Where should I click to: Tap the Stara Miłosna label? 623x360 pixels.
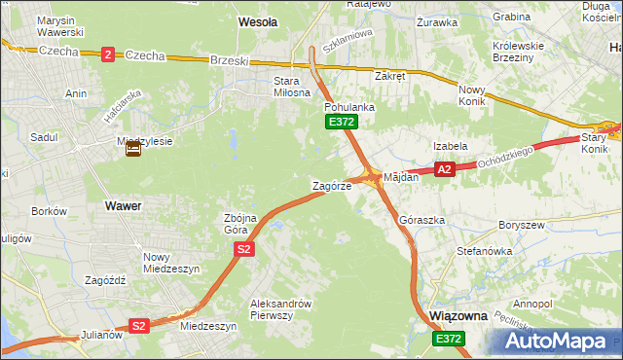(x=274, y=87)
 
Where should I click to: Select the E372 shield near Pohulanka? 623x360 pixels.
(x=342, y=122)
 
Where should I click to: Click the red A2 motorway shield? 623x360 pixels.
(x=445, y=169)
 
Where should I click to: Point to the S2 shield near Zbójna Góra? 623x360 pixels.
(x=244, y=250)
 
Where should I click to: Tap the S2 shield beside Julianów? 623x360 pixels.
(x=139, y=326)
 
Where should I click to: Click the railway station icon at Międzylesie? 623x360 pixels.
(x=133, y=149)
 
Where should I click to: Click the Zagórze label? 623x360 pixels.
(x=331, y=185)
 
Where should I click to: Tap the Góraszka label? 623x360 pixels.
(x=421, y=220)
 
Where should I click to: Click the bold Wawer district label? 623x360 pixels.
(x=123, y=206)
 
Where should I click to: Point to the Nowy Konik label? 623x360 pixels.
(x=477, y=95)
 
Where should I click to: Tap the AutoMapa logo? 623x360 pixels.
(x=559, y=340)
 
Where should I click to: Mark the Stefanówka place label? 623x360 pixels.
(x=484, y=250)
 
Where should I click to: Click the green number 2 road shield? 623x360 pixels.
(x=107, y=54)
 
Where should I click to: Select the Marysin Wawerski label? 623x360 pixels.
(x=56, y=26)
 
